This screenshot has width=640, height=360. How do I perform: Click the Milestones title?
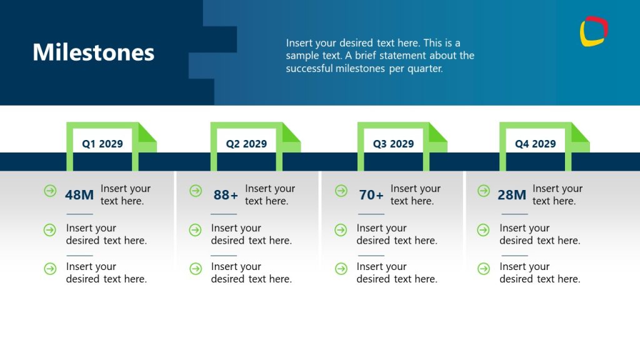[93, 52]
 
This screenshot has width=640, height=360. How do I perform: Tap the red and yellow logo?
[593, 31]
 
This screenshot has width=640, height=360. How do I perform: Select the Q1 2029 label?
[102, 144]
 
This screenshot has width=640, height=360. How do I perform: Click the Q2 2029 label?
[246, 144]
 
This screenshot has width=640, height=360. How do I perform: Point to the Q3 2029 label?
[393, 144]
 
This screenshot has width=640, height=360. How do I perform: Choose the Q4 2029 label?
[535, 144]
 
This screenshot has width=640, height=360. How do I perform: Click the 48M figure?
[79, 195]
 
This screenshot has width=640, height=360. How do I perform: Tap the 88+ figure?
[226, 195]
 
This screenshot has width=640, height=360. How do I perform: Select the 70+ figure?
[371, 195]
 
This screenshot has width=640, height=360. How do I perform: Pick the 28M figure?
[512, 195]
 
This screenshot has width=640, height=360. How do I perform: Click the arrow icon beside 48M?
[50, 191]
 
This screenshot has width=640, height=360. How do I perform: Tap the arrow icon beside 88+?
[196, 191]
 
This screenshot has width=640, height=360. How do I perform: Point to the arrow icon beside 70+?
[341, 191]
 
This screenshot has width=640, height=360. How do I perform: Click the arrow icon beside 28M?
[483, 191]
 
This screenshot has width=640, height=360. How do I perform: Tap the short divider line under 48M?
[79, 214]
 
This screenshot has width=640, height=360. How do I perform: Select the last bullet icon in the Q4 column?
[483, 269]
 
